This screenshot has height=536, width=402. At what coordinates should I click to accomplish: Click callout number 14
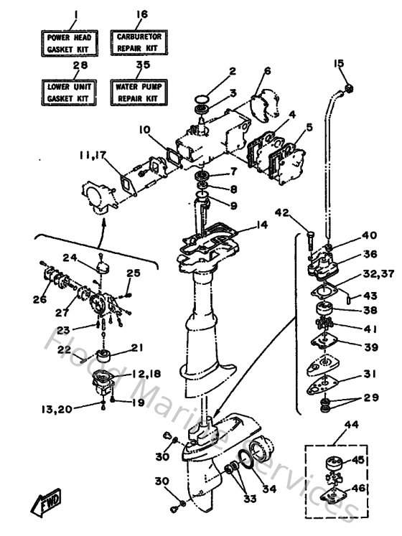261,225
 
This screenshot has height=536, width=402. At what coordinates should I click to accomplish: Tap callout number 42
282,212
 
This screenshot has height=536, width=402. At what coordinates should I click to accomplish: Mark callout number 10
144,130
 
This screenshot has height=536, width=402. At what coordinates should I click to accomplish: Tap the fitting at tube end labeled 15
350,88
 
